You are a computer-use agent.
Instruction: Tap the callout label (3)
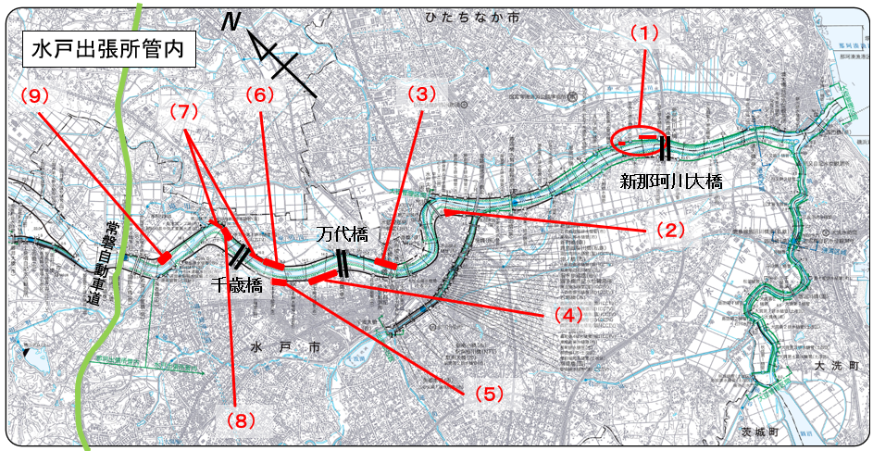(421, 94)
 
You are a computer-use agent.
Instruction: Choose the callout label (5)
(490, 393)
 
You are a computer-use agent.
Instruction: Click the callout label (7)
(184, 111)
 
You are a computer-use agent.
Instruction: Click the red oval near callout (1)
(640, 139)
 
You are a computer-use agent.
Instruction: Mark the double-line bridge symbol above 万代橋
(343, 262)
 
